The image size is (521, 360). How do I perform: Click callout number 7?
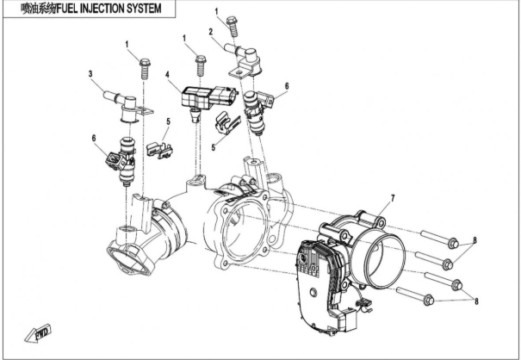392,199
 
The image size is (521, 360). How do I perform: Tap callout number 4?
170,76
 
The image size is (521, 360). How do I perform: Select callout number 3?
90,76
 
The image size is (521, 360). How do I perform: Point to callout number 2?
211,32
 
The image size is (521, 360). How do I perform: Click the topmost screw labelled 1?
231,23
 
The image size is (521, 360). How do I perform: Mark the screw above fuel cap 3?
144,65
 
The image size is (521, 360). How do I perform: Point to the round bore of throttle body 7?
383,256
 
